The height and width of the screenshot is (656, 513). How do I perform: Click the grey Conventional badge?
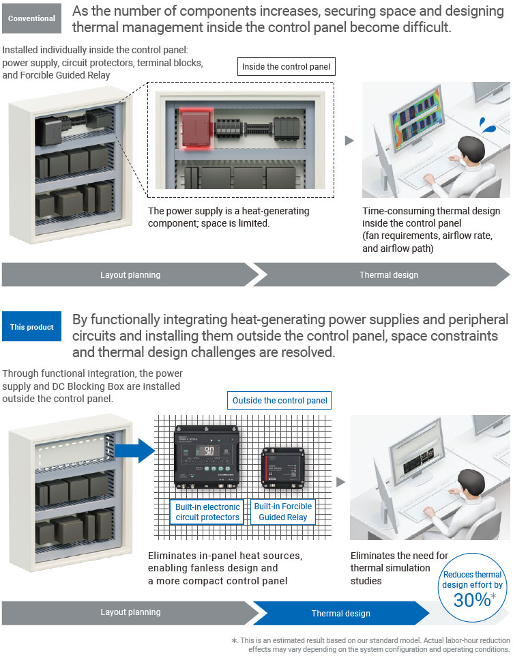coord(31,18)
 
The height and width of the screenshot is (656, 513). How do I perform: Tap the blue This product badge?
coord(31,327)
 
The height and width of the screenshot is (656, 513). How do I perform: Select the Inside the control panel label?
coord(287,66)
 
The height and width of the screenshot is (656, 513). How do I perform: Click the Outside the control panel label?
coord(280,400)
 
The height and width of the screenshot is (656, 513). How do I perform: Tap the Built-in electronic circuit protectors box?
coord(207,512)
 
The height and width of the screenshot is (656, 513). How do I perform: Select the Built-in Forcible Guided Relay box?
coord(282,511)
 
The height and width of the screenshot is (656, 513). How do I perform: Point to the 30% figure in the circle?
coord(472,599)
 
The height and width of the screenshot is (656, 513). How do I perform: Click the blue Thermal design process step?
coord(340,613)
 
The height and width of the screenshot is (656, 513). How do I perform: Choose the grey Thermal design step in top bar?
coord(389,274)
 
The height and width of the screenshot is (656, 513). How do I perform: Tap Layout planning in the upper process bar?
coord(130,274)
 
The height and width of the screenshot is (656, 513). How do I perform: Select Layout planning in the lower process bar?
coord(130,612)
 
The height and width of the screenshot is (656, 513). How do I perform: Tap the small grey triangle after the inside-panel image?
coord(349,141)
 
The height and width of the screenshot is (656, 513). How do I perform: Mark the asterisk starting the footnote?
coord(234,640)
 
